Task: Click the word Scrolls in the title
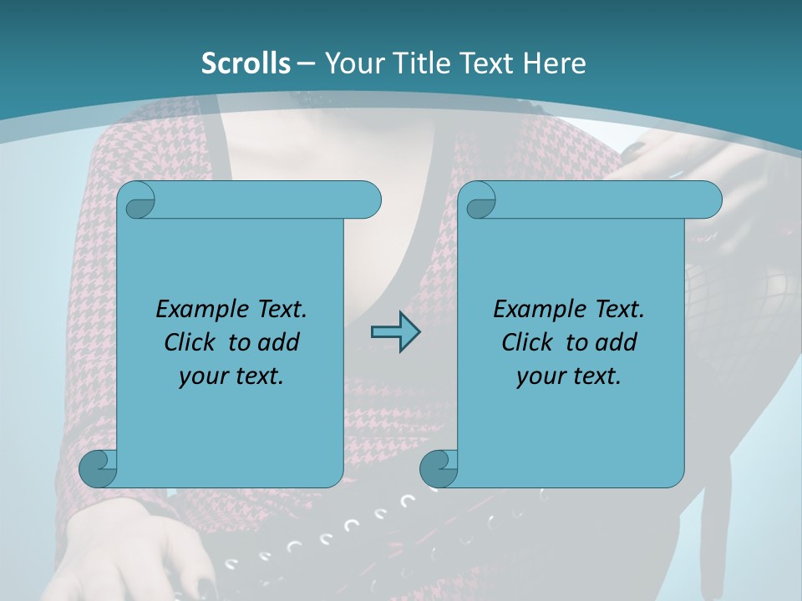coord(246,63)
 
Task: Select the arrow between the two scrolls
coord(395,332)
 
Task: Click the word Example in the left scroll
coord(192,310)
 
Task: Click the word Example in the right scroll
coord(530,310)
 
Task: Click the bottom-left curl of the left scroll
coord(98,468)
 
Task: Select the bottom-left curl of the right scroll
coord(439,468)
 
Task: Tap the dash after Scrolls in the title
coord(306,63)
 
